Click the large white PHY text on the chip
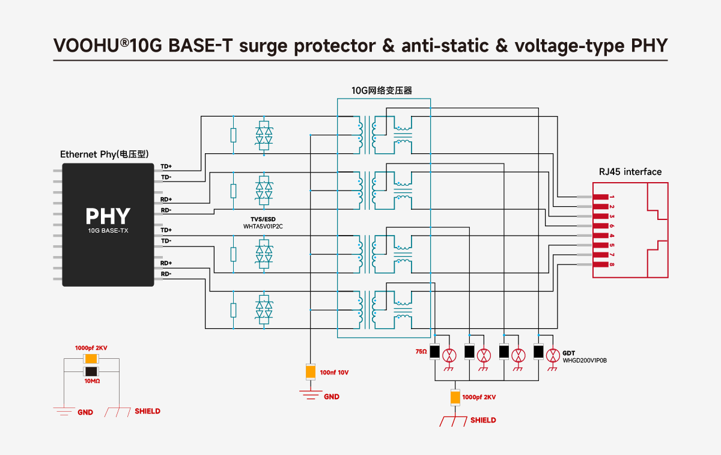click(108, 216)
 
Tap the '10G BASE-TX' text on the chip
click(108, 231)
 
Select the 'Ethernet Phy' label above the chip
click(105, 154)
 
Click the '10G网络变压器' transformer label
click(382, 91)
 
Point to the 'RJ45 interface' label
click(630, 172)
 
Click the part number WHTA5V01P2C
click(263, 227)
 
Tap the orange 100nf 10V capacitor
click(311, 371)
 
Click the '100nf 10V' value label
click(334, 373)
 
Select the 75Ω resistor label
click(421, 351)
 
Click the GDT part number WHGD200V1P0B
click(585, 361)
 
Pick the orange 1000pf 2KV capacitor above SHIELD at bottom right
click(455, 397)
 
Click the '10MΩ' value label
click(91, 381)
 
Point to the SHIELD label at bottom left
click(147, 411)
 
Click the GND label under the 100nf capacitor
click(332, 397)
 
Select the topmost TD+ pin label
click(166, 166)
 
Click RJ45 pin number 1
click(612, 197)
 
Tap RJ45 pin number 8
click(612, 264)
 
